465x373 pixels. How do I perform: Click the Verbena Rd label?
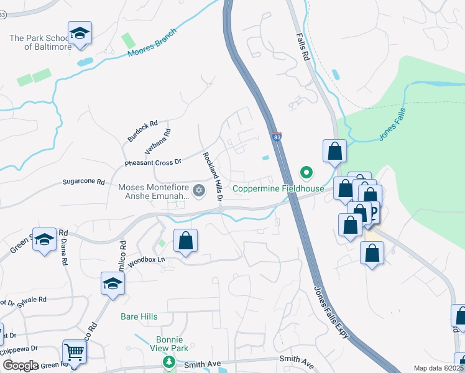pos(157,142)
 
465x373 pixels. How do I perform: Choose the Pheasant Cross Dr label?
pos(152,162)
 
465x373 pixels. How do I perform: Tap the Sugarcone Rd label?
pos(84,182)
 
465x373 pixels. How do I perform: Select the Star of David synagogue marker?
pos(199,190)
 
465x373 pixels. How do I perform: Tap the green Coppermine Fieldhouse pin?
pos(306,172)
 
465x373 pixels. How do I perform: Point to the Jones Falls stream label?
pos(392,127)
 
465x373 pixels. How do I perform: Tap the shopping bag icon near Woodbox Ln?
pos(186,241)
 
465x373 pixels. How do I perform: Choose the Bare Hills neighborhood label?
pos(139,316)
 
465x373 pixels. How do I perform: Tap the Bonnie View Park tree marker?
pos(167,361)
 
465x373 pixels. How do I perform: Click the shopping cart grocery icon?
pos(74,352)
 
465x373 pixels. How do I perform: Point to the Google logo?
pos(20,365)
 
